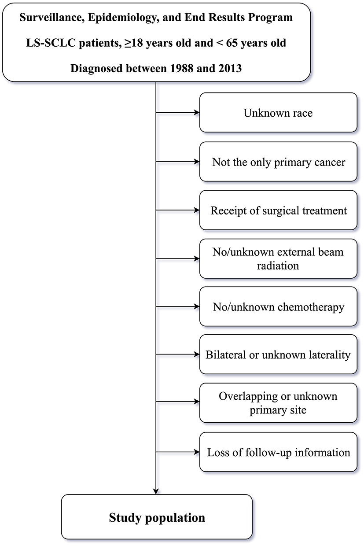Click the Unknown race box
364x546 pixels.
pyautogui.click(x=278, y=113)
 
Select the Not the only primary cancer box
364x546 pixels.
pyautogui.click(x=278, y=162)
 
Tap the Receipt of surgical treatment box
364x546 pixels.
pyautogui.click(x=278, y=210)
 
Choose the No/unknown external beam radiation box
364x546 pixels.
pyautogui.click(x=278, y=259)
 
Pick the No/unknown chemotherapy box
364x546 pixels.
pyautogui.click(x=278, y=307)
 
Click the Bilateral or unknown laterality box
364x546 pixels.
pyautogui.click(x=278, y=355)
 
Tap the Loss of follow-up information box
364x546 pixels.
pyautogui.click(x=278, y=452)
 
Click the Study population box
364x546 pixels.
pyautogui.click(x=157, y=518)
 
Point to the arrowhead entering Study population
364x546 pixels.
pyautogui.click(x=157, y=491)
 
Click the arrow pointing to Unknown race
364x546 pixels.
pyautogui.click(x=178, y=113)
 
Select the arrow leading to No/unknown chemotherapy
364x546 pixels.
pyautogui.click(x=178, y=307)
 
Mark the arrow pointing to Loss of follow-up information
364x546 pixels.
pyautogui.click(x=178, y=452)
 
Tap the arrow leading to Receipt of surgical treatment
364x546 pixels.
pyautogui.click(x=178, y=210)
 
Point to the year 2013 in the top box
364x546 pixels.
pyautogui.click(x=225, y=69)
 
